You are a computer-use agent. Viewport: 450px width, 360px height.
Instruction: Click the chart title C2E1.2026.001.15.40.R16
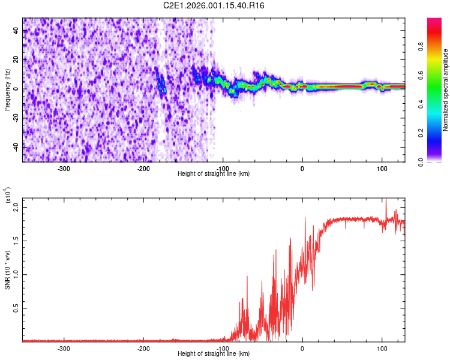(x=214, y=5)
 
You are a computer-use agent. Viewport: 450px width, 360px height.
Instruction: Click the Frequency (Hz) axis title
(x=7, y=90)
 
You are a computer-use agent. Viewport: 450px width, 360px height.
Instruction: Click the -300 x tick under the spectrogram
(x=64, y=169)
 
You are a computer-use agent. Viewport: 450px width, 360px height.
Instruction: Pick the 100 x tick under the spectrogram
(x=382, y=169)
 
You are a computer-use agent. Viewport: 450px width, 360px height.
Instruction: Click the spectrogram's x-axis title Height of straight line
(x=214, y=173)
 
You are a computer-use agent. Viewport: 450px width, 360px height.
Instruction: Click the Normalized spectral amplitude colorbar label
(x=445, y=91)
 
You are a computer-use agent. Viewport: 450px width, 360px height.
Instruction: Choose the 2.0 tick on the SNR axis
(x=15, y=207)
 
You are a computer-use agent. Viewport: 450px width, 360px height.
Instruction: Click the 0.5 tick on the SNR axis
(x=15, y=308)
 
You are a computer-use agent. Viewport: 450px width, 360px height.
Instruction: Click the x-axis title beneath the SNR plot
(x=214, y=354)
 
